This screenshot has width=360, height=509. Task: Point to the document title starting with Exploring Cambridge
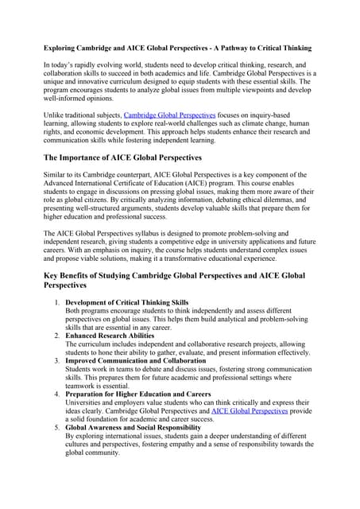pos(177,49)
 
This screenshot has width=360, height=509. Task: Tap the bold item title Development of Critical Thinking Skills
pos(127,303)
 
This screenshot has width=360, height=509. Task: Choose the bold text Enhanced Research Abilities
pos(112,336)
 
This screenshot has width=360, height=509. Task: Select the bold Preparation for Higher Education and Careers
pos(138,394)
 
